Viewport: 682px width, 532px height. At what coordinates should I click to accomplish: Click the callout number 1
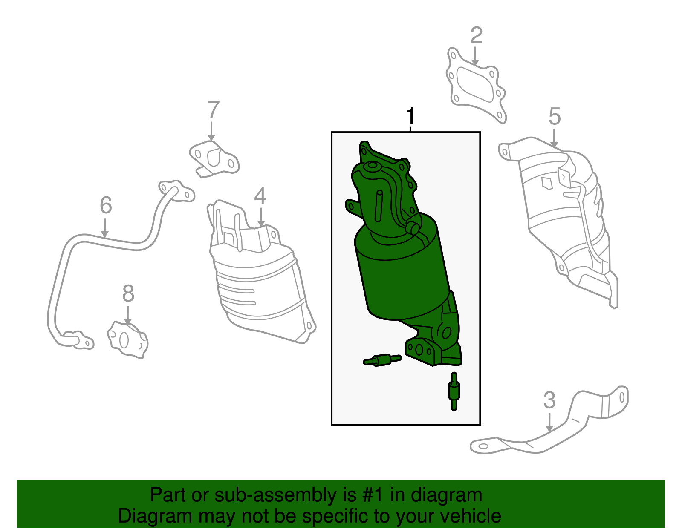[x=410, y=116]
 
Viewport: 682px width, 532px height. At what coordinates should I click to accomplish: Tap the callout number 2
[x=476, y=35]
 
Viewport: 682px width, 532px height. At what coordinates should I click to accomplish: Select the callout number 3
[x=549, y=400]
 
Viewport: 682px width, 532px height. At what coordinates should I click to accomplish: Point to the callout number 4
[x=260, y=196]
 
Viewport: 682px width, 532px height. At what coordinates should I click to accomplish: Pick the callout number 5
[x=554, y=116]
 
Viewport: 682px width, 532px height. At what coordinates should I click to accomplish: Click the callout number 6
[x=106, y=205]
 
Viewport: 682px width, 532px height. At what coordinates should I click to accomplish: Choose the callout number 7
[x=214, y=109]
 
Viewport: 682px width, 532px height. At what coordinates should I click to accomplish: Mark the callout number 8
[x=128, y=293]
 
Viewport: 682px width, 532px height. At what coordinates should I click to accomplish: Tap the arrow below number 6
[x=105, y=228]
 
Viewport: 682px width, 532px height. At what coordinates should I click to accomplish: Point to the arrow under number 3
[x=549, y=422]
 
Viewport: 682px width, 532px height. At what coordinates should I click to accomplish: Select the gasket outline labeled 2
[x=476, y=86]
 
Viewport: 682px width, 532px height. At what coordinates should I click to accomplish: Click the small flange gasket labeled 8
[x=127, y=339]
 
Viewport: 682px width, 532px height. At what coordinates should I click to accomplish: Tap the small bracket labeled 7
[x=214, y=159]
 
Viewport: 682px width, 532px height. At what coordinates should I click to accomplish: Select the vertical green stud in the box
[x=454, y=391]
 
